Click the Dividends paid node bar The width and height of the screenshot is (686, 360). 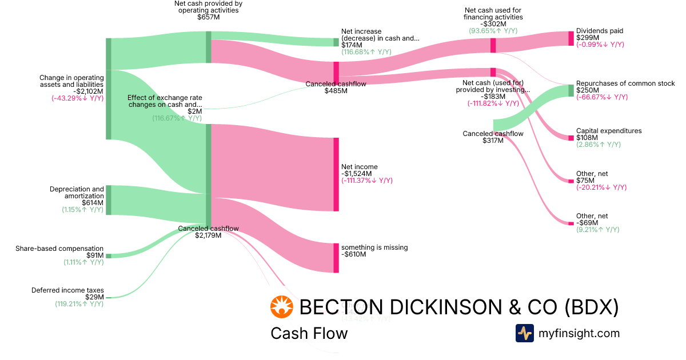coord(571,38)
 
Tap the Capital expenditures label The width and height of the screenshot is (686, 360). coord(609,131)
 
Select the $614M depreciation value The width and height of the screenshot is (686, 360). coord(92,203)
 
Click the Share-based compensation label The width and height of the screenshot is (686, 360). coord(59,249)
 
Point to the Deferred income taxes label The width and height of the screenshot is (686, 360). coord(67,290)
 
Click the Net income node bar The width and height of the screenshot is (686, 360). coord(336,174)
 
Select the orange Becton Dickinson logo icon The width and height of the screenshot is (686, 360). coord(281,307)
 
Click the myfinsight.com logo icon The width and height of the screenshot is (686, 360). coord(524,333)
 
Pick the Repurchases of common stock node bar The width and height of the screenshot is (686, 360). coord(571,90)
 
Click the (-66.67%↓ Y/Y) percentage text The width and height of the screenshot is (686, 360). coord(602,97)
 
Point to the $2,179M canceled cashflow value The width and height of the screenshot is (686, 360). coord(208,235)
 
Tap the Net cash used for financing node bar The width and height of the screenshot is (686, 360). coord(493,46)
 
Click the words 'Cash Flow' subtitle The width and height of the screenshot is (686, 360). coord(309,333)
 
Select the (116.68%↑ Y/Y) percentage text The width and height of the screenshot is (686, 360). coord(366,51)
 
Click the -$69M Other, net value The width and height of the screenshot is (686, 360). coord(588,223)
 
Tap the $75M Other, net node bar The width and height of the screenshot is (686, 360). coord(571,181)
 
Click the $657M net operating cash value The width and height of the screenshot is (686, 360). coord(208,17)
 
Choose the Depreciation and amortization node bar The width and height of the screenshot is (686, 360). coord(109,200)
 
